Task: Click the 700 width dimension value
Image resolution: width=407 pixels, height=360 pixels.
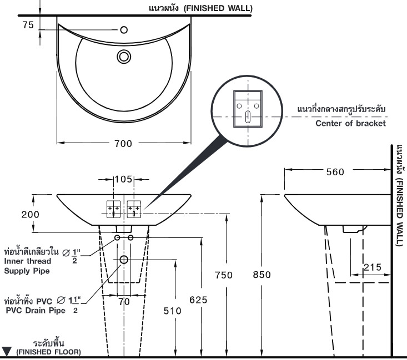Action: pos(123,144)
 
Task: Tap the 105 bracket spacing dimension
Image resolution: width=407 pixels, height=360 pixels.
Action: pos(123,179)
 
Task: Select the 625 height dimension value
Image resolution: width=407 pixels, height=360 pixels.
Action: pos(198,300)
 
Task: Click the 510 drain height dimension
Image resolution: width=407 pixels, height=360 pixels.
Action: pos(172,311)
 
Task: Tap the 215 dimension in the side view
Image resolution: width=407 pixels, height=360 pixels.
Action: pos(373,268)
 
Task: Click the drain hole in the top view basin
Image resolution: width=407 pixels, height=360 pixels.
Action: pos(123,56)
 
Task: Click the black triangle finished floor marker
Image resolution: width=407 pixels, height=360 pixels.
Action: pos(7,351)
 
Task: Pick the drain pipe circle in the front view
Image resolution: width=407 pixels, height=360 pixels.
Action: pos(123,260)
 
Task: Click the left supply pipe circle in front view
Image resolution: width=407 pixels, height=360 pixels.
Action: pos(117,237)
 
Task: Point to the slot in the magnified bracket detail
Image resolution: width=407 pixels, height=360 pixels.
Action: pos(248,116)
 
